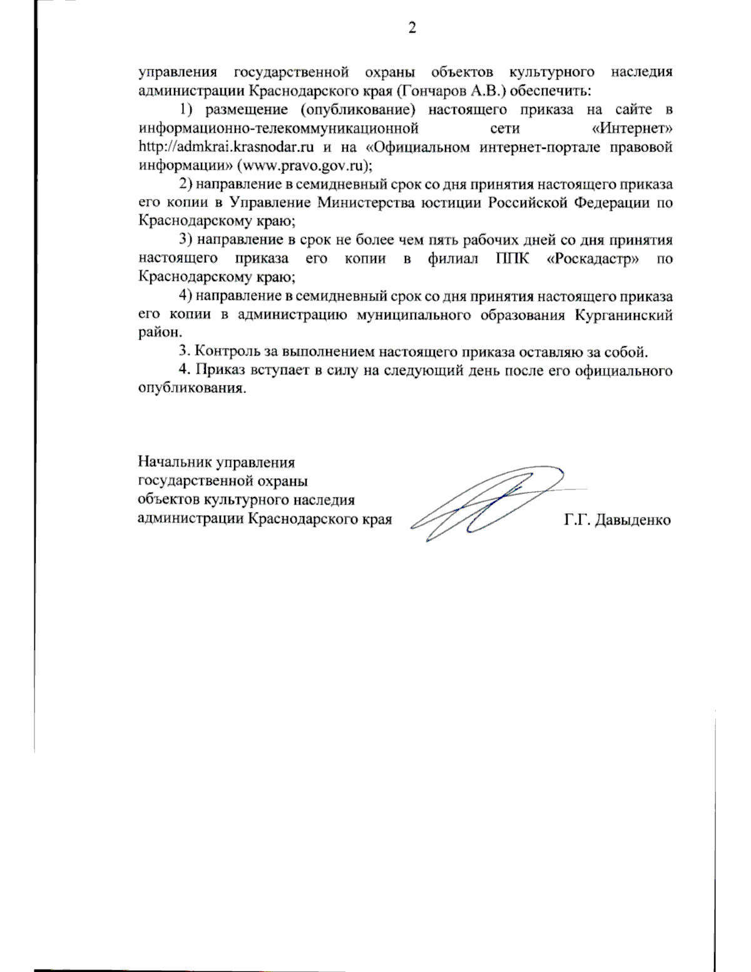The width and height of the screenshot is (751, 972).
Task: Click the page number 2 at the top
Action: pyautogui.click(x=412, y=28)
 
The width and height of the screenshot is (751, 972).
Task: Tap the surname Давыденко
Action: pyautogui.click(x=633, y=520)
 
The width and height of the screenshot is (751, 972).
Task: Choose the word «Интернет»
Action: pyautogui.click(x=632, y=129)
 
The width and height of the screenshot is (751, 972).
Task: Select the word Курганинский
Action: pyautogui.click(x=623, y=315)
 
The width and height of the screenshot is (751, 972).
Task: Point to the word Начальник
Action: pyautogui.click(x=175, y=463)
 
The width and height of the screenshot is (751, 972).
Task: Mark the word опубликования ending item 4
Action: pyautogui.click(x=191, y=388)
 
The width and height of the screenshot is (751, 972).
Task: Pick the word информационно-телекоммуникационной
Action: pyautogui.click(x=278, y=129)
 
